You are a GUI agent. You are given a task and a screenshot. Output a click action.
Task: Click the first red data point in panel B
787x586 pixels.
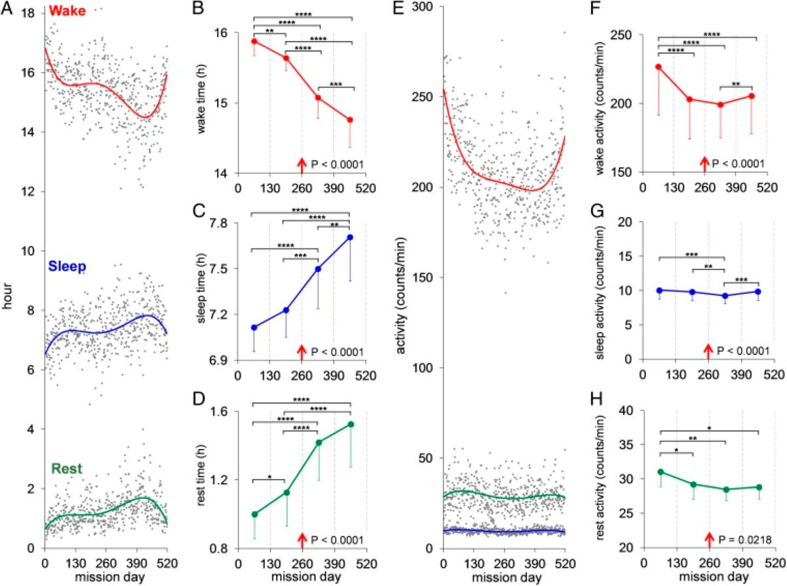(253, 41)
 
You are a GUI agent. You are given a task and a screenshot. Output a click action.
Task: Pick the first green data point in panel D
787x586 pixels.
(254, 514)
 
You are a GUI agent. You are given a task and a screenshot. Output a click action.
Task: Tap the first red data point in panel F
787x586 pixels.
(658, 67)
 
